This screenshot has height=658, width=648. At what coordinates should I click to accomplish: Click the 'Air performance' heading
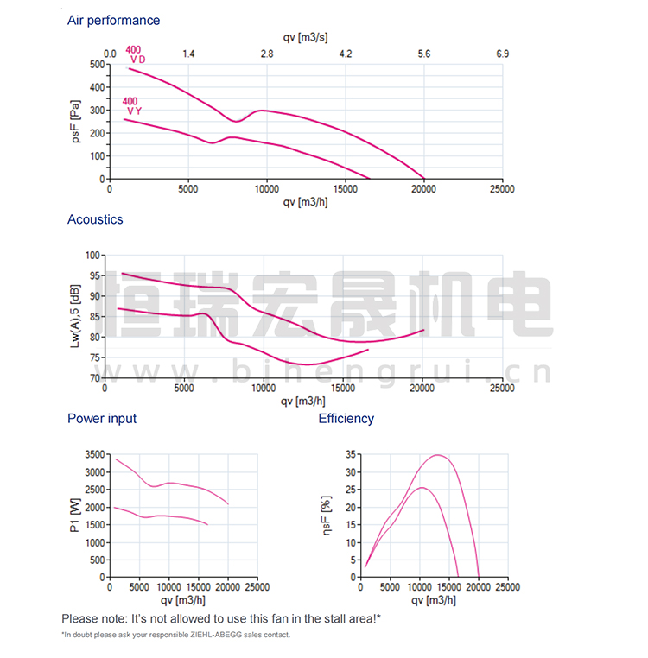click(x=113, y=20)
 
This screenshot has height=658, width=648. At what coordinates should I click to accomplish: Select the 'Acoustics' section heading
click(x=95, y=219)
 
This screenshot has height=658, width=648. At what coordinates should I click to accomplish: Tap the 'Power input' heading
click(x=102, y=419)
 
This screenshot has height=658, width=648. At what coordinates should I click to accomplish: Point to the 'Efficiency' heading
click(x=346, y=419)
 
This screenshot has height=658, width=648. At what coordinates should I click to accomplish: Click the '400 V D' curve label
click(x=135, y=54)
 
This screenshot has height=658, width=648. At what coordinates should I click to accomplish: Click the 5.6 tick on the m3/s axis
click(x=424, y=54)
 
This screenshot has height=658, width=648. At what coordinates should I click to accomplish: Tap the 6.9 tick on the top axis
click(x=503, y=54)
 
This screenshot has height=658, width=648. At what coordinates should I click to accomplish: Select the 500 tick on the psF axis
click(x=96, y=65)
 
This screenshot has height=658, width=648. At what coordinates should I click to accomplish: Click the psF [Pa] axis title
click(x=77, y=122)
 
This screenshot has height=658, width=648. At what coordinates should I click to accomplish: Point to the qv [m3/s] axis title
click(x=304, y=37)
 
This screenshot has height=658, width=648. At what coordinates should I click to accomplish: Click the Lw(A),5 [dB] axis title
click(x=77, y=316)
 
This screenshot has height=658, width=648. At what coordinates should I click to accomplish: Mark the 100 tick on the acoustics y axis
click(x=93, y=255)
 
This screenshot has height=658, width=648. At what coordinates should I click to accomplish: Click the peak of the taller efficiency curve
click(x=437, y=455)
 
